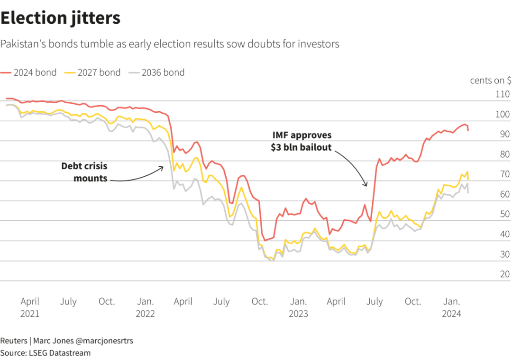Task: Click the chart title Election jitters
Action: (60, 18)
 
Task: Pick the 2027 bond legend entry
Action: (93, 72)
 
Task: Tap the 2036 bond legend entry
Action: (157, 72)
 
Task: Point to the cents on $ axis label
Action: (490, 81)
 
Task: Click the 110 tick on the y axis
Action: (502, 94)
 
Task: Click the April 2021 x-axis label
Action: (30, 307)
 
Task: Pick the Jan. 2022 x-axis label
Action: (145, 307)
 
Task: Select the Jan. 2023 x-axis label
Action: (298, 307)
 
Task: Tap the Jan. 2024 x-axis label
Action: (451, 307)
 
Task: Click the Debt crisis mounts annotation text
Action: (84, 172)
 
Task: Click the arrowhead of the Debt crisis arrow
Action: (163, 167)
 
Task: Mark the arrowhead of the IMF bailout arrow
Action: (366, 186)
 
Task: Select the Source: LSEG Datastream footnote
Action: (45, 353)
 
